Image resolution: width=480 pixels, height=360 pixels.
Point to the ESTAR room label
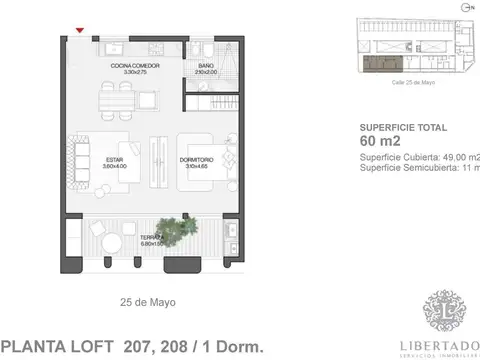point(110,157)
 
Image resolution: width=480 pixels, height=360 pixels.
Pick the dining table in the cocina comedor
point(121,101)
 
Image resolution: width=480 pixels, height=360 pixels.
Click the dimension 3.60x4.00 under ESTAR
point(110,164)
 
